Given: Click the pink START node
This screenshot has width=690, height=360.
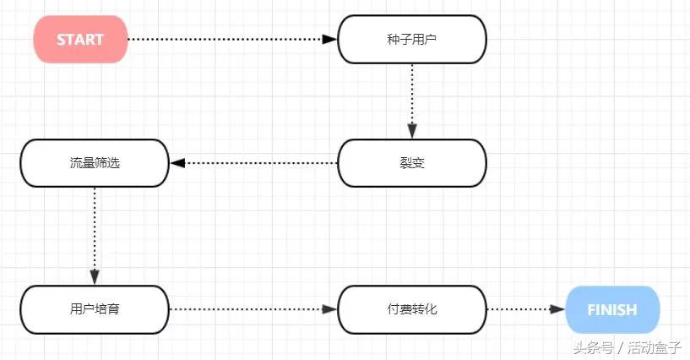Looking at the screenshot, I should point(80,39).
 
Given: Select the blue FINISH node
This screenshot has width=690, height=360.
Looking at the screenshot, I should point(612,309).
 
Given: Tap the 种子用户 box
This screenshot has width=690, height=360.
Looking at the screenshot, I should point(412,39).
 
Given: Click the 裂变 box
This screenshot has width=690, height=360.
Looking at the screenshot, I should point(412,162).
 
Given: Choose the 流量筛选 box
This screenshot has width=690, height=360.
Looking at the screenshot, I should point(95,162).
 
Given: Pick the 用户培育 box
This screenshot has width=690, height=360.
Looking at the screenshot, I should point(95,309).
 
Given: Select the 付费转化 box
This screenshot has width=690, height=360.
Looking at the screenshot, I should point(412,309).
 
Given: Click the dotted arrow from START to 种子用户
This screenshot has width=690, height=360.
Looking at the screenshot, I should point(228,39).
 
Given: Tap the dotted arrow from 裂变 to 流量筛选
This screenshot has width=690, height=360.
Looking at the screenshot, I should point(253,162).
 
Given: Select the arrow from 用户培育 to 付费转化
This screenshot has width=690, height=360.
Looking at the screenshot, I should point(253,309).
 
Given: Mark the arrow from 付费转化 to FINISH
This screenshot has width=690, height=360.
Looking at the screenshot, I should point(524,309).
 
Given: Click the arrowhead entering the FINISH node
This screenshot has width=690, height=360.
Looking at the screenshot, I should point(557,309).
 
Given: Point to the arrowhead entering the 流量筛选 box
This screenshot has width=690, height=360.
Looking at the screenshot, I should point(177,162).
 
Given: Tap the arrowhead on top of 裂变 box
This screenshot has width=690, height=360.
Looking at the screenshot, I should point(412,131).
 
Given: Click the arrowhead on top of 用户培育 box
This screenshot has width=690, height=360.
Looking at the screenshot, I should point(95,277).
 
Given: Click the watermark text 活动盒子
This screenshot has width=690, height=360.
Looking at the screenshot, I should point(655,347).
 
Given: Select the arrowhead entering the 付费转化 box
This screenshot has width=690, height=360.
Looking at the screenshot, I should point(330,309).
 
